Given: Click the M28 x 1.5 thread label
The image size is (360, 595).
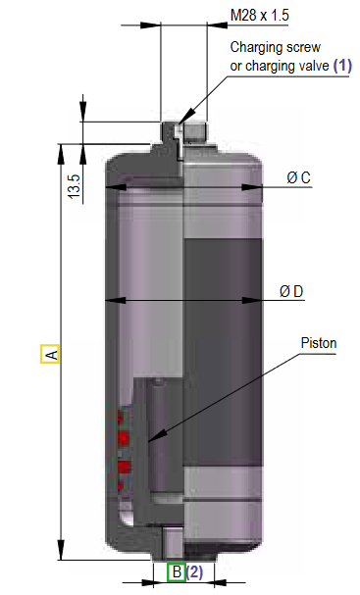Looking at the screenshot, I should coord(259,16).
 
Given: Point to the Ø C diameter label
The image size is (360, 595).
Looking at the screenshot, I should coord(298,177).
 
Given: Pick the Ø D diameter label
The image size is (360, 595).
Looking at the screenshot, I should coord(291,291).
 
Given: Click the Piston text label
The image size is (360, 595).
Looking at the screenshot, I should coord(319,343).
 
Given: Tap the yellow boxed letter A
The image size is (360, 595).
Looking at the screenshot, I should coord(50,354).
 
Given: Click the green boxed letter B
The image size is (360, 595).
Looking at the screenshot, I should coord(176,571).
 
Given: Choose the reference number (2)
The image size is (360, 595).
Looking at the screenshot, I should coord(194,571).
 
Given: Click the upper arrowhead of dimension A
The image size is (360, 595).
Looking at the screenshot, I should coord(62,149).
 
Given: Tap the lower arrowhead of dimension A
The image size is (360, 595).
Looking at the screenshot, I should coord(62,555).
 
